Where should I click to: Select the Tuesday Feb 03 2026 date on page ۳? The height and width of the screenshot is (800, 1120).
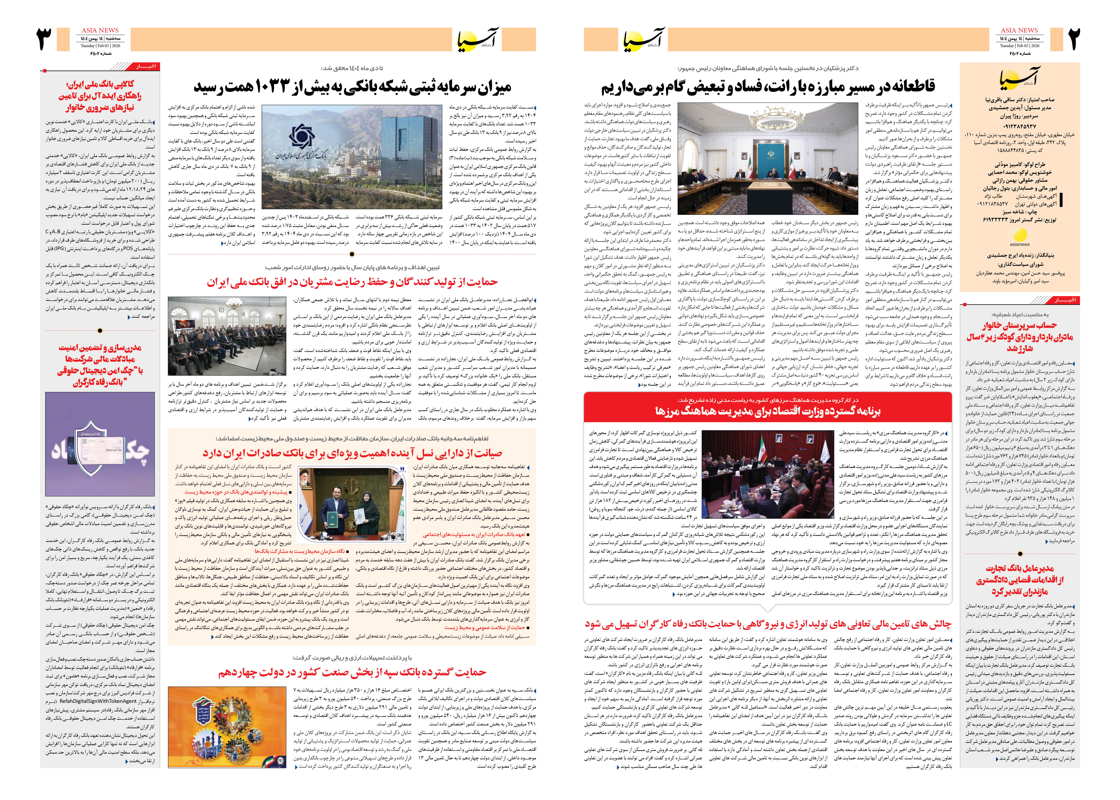click(x=100, y=46)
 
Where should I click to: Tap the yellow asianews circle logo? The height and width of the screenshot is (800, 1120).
click(x=1020, y=235)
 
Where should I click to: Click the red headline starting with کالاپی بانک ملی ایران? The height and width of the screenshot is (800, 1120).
click(x=100, y=96)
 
